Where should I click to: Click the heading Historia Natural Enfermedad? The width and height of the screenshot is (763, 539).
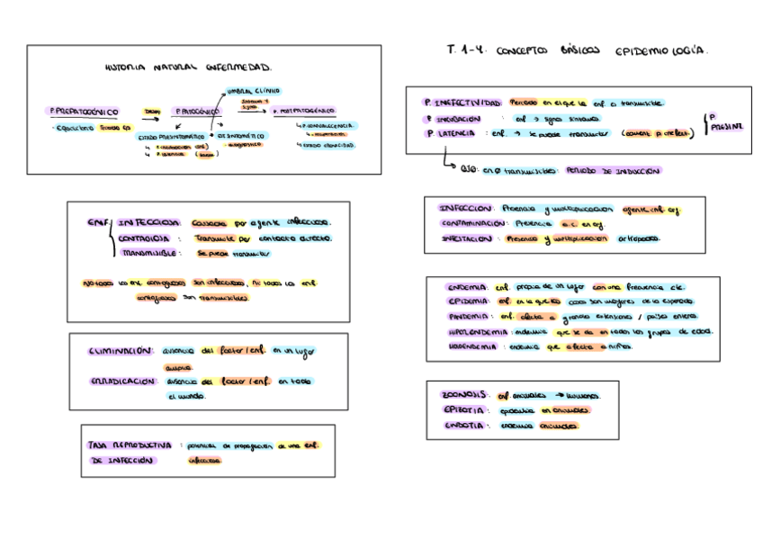click(188, 67)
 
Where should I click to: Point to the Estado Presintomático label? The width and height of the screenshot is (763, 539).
click(171, 137)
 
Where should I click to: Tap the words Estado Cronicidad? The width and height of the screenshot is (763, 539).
click(329, 144)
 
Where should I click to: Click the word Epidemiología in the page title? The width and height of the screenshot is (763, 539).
click(662, 51)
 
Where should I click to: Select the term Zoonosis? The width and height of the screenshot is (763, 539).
click(464, 394)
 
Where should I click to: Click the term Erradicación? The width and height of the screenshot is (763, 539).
click(122, 382)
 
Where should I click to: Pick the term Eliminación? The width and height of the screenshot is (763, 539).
click(121, 351)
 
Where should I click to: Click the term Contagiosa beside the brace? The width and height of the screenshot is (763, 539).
click(144, 238)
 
